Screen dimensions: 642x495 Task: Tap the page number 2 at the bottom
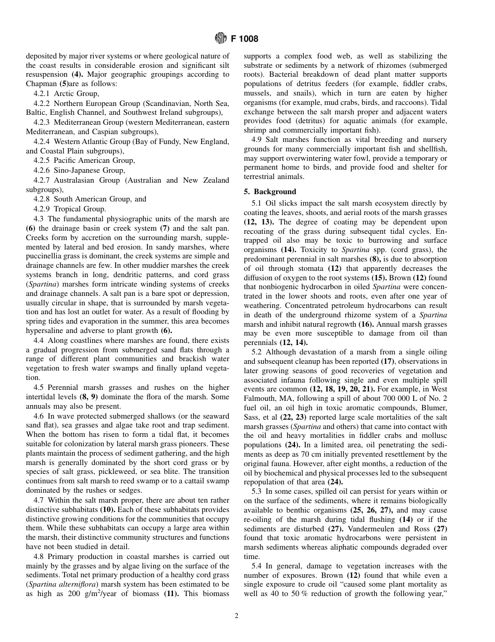[236, 616]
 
